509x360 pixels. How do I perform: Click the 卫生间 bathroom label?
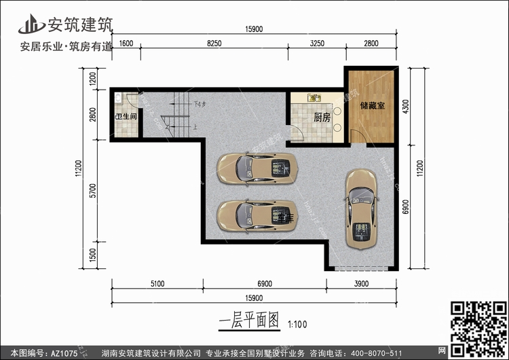pos(126,117)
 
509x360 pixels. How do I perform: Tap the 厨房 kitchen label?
pos(322,118)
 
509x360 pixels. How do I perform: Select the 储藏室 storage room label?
pos(373,105)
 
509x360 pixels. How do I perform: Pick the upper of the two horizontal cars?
pos(257,167)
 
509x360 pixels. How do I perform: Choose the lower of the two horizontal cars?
pos(257,216)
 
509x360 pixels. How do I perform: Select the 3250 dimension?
pos(317,43)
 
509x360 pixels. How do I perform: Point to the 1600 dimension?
pos(126,43)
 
